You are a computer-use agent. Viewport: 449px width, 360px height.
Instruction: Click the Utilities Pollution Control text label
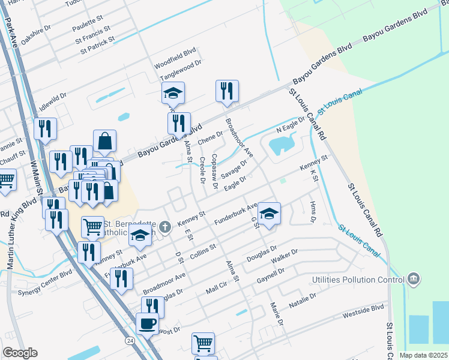click(357, 280)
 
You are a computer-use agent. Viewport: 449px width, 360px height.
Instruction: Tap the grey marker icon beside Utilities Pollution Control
click(412, 280)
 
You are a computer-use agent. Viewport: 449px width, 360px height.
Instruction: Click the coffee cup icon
click(148, 325)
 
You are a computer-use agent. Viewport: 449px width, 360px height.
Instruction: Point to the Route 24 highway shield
click(129, 340)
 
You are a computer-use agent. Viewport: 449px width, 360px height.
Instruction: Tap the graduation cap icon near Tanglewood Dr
click(173, 93)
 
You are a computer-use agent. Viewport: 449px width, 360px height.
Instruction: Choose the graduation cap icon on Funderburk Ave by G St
click(269, 214)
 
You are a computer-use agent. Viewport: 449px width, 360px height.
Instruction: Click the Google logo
click(20, 353)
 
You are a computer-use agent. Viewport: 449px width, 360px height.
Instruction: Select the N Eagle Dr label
click(291, 124)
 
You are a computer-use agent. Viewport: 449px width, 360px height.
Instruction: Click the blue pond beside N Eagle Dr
click(281, 145)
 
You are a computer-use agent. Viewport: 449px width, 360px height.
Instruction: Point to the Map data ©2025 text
click(423, 355)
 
